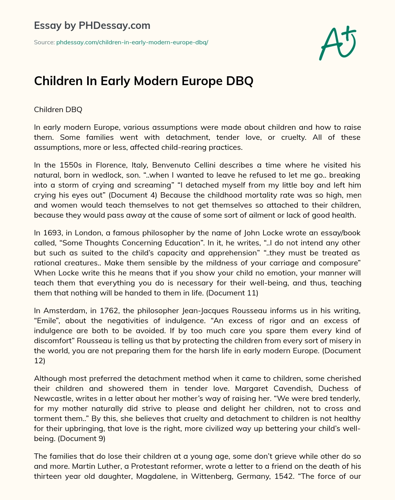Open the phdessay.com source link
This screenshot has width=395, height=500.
pos(132,42)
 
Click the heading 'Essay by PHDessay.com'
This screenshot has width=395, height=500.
pos(92,25)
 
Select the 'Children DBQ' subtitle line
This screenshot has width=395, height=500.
pos(58,109)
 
